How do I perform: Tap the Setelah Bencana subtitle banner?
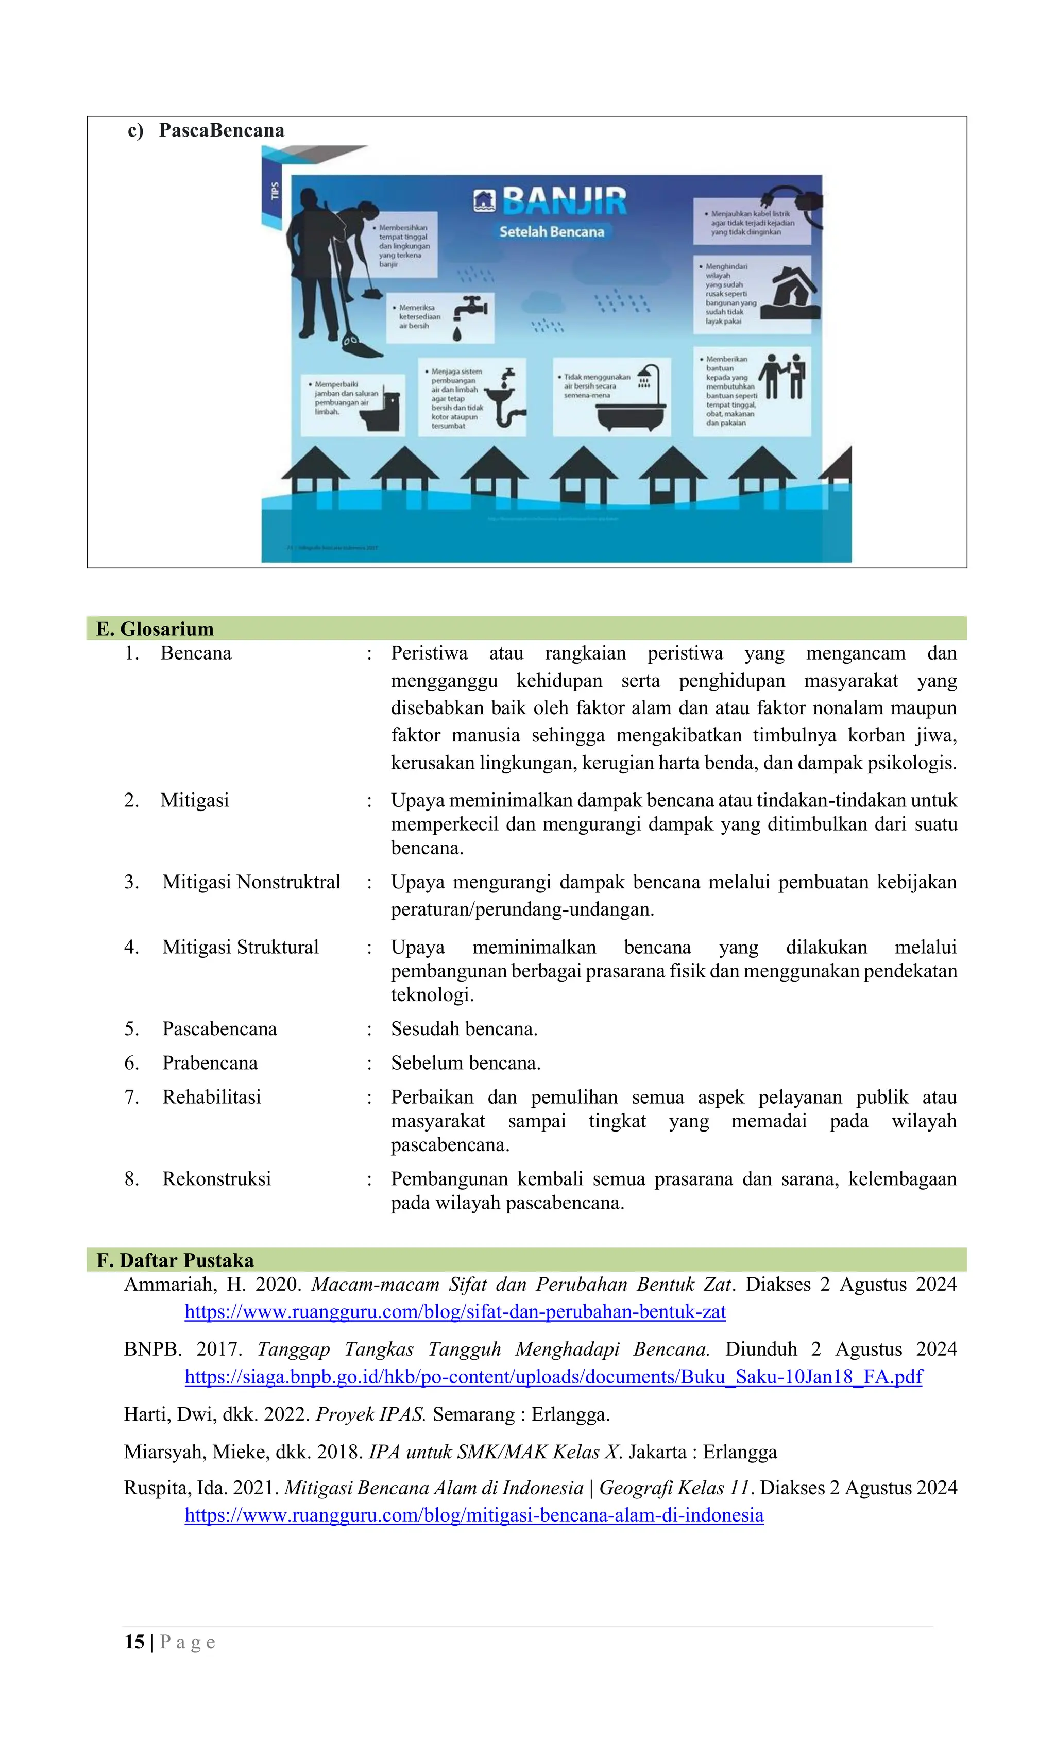coord(552,231)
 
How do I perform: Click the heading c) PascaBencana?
coord(206,130)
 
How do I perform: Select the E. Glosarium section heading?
coord(155,629)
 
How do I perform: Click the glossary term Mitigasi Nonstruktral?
coord(251,882)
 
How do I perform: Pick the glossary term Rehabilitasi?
coord(212,1097)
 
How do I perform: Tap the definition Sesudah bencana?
coord(464,1028)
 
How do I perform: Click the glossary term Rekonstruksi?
coord(216,1178)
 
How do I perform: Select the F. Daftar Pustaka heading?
coord(175,1260)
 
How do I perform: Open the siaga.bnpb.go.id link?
coord(553,1377)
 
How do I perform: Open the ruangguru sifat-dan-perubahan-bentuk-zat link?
coord(455,1311)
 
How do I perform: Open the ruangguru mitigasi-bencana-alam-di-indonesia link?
coord(474,1515)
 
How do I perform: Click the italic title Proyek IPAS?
coord(370,1414)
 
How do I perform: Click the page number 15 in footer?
coord(134,1642)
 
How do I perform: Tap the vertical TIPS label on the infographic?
coord(275,191)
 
